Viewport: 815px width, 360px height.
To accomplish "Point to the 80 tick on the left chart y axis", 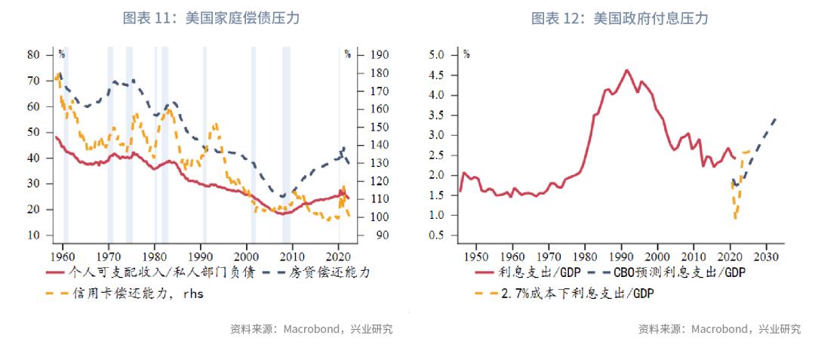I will [x=33, y=55].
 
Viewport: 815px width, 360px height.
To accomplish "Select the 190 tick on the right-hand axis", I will [x=381, y=55].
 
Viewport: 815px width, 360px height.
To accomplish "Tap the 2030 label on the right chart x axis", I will [x=767, y=253].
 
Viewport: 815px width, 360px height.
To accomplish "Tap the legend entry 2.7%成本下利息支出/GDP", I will [x=574, y=294].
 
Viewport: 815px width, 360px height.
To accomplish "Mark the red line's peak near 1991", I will [x=627, y=70].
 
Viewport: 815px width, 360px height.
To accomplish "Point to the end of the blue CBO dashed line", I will [x=777, y=118].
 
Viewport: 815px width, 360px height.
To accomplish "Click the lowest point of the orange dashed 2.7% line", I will [x=735, y=219].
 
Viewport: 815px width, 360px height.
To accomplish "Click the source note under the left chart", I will [x=311, y=329].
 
